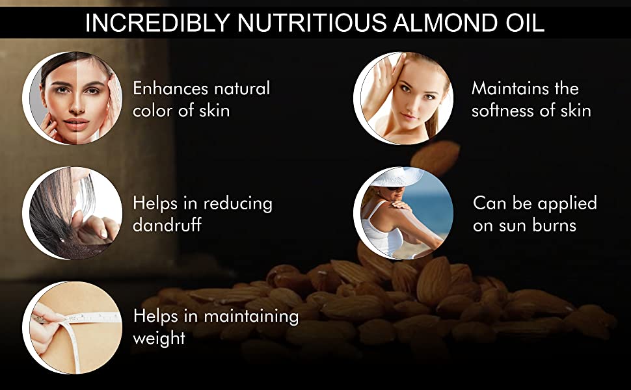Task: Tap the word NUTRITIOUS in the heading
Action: (312, 22)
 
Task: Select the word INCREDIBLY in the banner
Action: (157, 22)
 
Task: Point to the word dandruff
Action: (167, 224)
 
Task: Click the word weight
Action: (159, 339)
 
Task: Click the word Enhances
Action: (169, 88)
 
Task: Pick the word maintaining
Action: (251, 317)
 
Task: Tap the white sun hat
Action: (396, 177)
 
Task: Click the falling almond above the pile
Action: (435, 157)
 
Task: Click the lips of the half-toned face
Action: (77, 123)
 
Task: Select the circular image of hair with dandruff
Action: (72, 213)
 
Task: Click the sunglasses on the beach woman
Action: (394, 188)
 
